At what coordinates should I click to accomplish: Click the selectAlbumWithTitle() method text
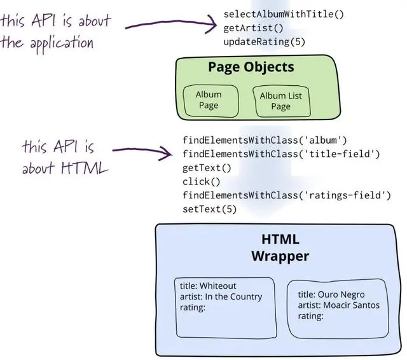pos(283,14)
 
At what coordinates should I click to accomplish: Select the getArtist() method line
pos(253,28)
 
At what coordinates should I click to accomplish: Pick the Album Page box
pos(208,100)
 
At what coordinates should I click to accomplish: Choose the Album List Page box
pos(280,101)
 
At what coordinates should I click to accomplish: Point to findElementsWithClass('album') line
pos(265,140)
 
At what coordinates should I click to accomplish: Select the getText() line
pos(207,168)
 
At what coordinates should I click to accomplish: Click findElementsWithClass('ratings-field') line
pos(286,195)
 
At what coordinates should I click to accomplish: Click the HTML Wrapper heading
pos(280,248)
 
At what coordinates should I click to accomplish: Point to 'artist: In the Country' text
pos(221,297)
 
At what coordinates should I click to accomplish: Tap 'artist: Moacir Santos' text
pos(338,305)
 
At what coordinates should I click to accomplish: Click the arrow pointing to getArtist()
pos(172,25)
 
